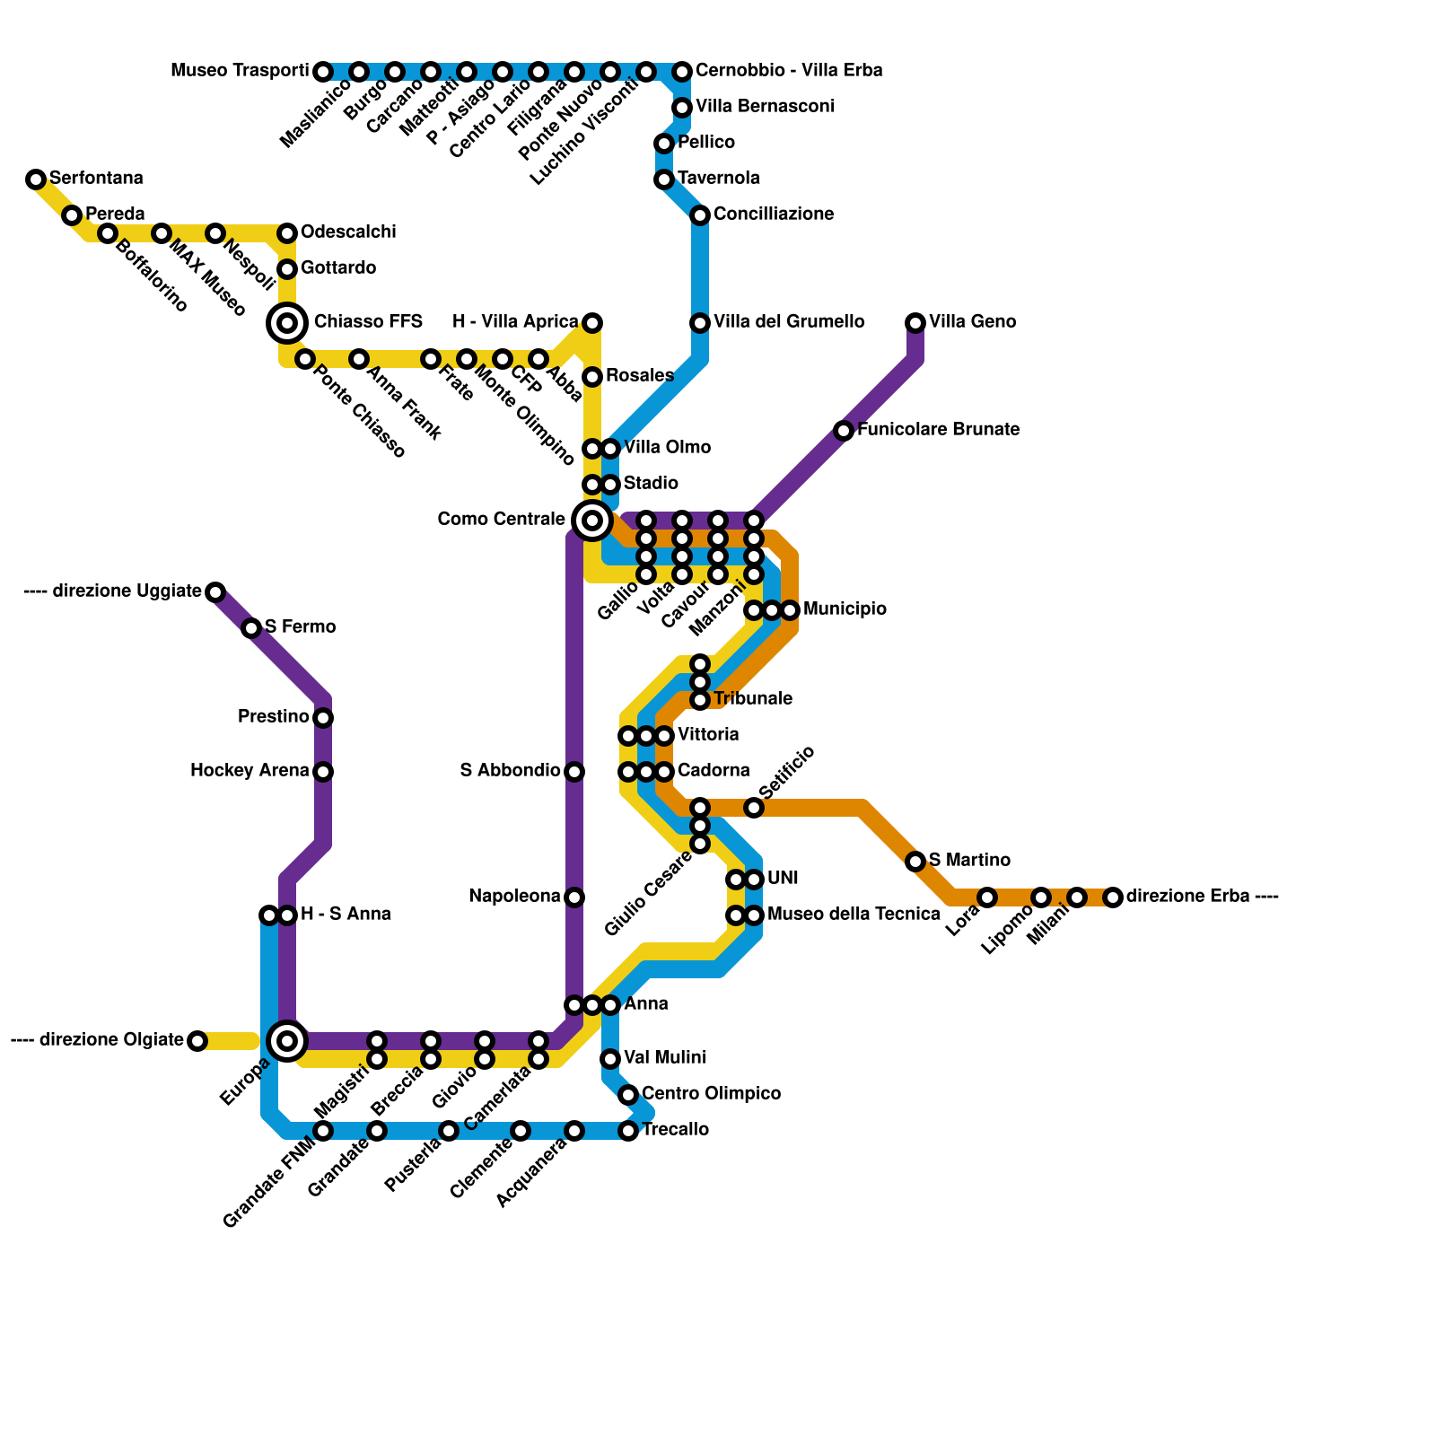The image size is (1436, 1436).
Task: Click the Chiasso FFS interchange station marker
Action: (x=287, y=323)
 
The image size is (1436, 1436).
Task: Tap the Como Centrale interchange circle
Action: (x=592, y=520)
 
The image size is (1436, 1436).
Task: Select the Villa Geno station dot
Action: (x=915, y=323)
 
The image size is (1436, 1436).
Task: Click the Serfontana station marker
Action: (x=36, y=179)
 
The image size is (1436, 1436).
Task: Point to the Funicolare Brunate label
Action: (x=938, y=430)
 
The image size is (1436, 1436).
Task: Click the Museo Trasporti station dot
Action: (x=323, y=72)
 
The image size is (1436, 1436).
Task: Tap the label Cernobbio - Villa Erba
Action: (x=789, y=71)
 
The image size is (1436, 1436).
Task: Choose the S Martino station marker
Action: (x=915, y=862)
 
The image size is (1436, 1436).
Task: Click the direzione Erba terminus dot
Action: (x=1113, y=897)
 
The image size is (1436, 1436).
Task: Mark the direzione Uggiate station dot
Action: (x=215, y=592)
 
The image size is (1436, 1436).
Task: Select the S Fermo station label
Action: (x=301, y=627)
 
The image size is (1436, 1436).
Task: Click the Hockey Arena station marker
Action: (x=323, y=772)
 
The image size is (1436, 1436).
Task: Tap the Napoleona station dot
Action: (x=574, y=897)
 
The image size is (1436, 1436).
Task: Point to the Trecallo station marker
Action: (x=628, y=1131)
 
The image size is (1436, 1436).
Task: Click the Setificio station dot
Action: (x=754, y=808)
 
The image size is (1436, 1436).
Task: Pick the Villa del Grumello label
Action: (x=789, y=322)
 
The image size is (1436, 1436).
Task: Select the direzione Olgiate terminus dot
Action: (x=197, y=1041)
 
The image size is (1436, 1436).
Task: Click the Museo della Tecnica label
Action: (x=854, y=915)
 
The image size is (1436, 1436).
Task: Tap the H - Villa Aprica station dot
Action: (x=592, y=323)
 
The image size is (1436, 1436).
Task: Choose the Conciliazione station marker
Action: (x=700, y=215)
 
